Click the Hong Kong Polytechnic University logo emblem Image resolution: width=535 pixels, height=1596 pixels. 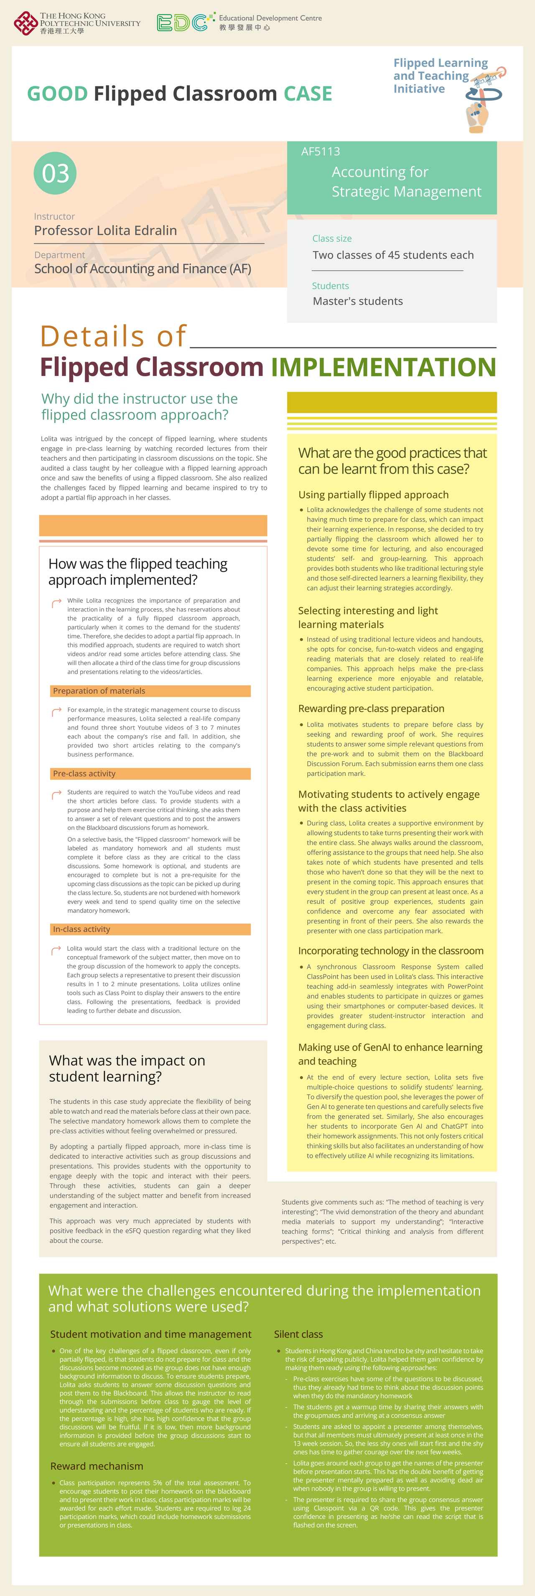pos(25,23)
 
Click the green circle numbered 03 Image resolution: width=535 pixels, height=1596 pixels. pos(55,173)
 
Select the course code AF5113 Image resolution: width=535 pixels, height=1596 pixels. pos(321,151)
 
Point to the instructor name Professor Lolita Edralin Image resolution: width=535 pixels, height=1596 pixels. pos(105,231)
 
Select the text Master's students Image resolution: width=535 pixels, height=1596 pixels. pos(358,301)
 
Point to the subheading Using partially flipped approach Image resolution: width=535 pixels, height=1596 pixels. pos(373,495)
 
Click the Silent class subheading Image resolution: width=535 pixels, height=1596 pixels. pos(298,1334)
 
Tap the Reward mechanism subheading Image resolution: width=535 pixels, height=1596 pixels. pos(97,1466)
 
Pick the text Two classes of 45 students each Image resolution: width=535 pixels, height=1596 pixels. pos(393,255)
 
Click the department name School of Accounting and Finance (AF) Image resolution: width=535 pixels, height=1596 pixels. pos(143,269)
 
